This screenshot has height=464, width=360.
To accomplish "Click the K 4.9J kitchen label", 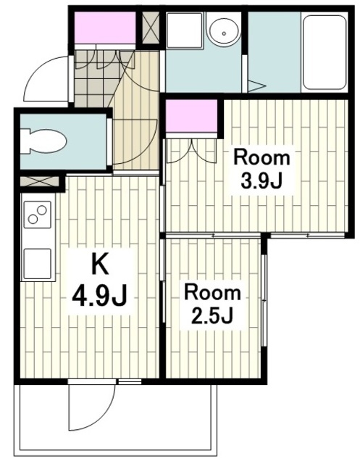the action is pyautogui.click(x=100, y=283).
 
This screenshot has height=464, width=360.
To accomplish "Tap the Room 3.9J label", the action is pyautogui.click(x=262, y=169).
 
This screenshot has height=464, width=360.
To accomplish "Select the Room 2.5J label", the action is pyautogui.click(x=212, y=304).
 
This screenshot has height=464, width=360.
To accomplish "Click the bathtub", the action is pyautogui.click(x=325, y=52).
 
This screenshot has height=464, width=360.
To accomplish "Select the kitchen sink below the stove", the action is pyautogui.click(x=38, y=263).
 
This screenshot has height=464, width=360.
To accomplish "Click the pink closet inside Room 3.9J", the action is pyautogui.click(x=191, y=116).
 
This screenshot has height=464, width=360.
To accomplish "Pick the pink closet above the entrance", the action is pyautogui.click(x=105, y=28).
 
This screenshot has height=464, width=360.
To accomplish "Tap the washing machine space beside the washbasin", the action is pyautogui.click(x=185, y=30).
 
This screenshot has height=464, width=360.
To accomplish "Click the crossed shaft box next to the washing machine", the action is pyautogui.click(x=151, y=28).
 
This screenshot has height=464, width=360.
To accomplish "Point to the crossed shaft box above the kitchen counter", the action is pyautogui.click(x=40, y=181).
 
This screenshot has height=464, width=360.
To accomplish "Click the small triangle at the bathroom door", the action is pyautogui.click(x=256, y=86).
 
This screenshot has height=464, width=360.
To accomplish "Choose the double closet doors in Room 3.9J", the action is pyautogui.click(x=191, y=151).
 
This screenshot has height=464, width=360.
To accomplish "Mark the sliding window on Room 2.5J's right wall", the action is pyautogui.click(x=264, y=299).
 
